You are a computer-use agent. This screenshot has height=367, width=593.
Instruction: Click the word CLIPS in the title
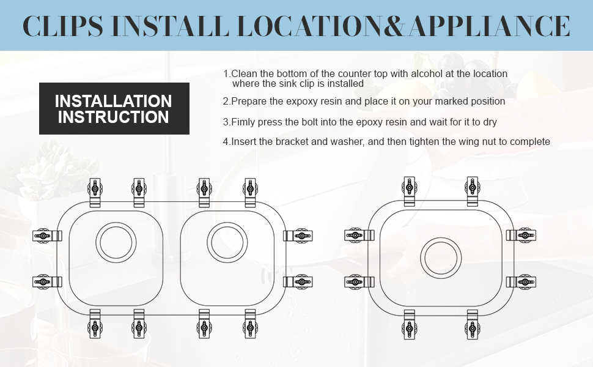(62, 26)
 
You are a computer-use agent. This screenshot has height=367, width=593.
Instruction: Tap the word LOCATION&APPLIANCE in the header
(403, 26)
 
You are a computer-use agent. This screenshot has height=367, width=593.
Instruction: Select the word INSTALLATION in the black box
(114, 101)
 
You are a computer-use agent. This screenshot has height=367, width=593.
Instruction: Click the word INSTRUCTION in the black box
(114, 117)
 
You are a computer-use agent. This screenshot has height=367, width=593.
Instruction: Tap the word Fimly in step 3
(243, 122)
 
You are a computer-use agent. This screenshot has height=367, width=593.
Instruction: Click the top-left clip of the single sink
(409, 191)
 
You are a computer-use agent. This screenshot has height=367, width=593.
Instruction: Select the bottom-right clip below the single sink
(473, 325)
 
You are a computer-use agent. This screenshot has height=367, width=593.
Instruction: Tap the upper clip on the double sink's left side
(47, 235)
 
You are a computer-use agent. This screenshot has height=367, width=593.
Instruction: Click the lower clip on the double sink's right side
(298, 282)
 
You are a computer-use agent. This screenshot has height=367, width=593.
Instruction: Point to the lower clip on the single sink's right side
(521, 282)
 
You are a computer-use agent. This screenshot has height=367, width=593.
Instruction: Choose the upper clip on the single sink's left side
(359, 235)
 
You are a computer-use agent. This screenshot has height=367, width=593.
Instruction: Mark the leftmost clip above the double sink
(95, 193)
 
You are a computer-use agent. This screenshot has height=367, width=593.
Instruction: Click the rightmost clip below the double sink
(251, 324)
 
